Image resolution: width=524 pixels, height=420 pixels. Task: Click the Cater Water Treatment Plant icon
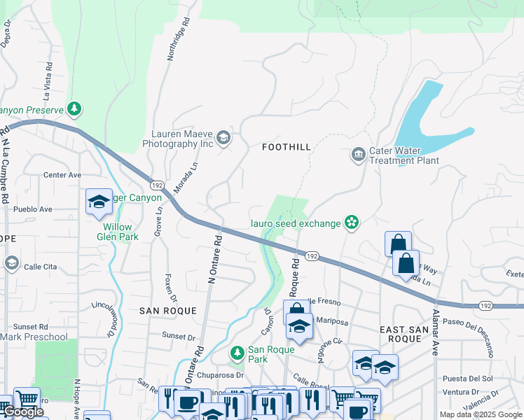click(x=359, y=154)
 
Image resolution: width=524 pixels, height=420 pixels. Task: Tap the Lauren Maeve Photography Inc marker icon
click(x=223, y=137)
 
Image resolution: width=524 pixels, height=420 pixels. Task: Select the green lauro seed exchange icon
click(x=352, y=223)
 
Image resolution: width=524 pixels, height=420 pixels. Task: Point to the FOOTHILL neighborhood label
click(x=286, y=147)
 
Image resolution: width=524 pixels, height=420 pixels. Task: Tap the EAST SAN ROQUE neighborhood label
click(x=401, y=333)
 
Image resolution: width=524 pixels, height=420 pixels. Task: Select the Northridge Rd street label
click(x=179, y=39)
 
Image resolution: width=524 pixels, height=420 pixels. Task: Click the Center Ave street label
click(x=62, y=175)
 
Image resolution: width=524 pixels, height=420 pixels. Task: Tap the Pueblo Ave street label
click(x=31, y=209)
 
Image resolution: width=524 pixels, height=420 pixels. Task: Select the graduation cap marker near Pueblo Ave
click(x=99, y=202)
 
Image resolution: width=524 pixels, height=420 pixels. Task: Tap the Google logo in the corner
click(x=23, y=412)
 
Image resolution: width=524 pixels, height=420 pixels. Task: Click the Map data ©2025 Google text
click(x=481, y=414)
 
